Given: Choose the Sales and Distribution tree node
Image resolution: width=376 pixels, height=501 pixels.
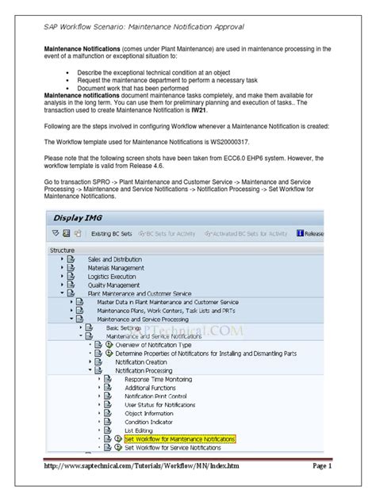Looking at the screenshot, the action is (116, 259).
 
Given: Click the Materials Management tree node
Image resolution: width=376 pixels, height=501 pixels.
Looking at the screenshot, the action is (117, 268).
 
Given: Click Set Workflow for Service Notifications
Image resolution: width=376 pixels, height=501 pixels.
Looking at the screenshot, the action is (174, 447).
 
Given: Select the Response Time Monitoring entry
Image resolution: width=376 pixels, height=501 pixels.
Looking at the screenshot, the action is (158, 379).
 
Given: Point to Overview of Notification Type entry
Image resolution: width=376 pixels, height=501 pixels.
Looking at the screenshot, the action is (153, 345).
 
